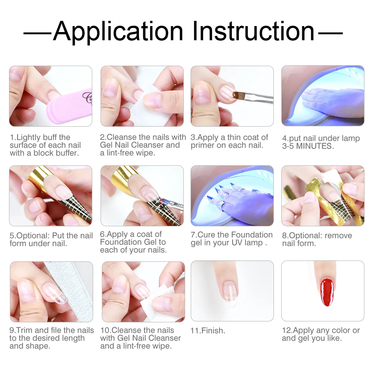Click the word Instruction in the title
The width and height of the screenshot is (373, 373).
[254, 31]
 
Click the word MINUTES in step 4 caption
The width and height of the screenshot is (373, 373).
[315, 146]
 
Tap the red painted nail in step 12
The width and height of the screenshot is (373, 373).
[327, 292]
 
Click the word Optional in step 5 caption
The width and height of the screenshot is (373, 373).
[33, 236]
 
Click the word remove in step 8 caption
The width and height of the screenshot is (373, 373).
[338, 236]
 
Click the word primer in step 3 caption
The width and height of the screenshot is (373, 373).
[203, 146]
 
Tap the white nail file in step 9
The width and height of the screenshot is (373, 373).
[69, 291]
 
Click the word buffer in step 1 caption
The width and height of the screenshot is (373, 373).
[67, 153]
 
